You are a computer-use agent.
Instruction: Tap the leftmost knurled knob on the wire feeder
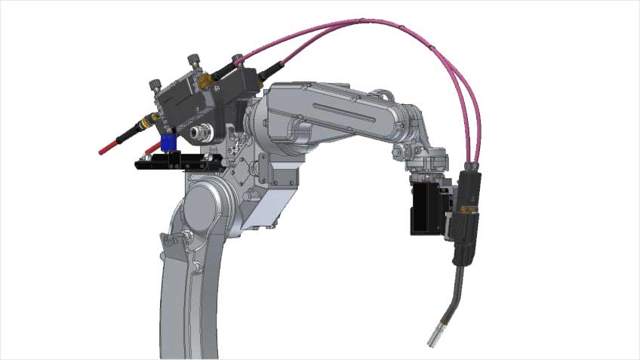(156, 85)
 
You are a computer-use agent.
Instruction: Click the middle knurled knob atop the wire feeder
(192, 60)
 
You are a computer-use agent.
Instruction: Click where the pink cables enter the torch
(472, 166)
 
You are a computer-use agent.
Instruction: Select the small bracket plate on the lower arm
(174, 243)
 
